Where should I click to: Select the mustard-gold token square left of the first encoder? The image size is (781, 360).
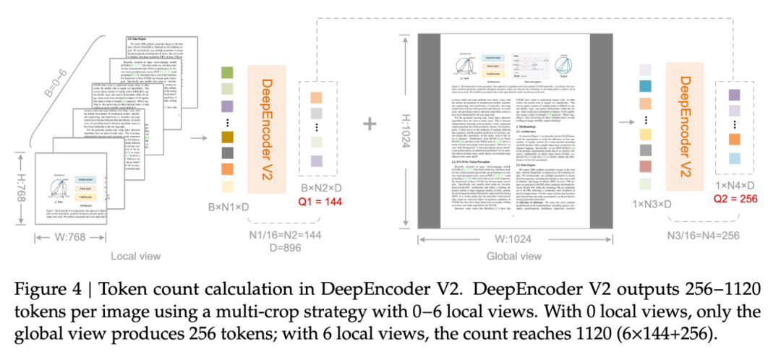226,136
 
